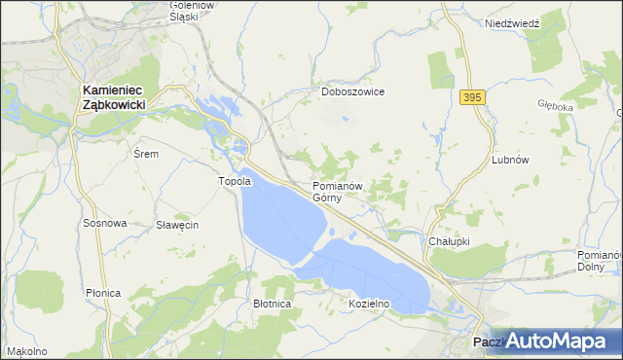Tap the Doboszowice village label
[353, 91]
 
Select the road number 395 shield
[472, 97]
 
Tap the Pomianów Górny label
[338, 191]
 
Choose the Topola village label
[234, 181]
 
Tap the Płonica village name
[102, 293]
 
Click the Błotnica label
[272, 304]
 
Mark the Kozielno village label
[369, 304]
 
